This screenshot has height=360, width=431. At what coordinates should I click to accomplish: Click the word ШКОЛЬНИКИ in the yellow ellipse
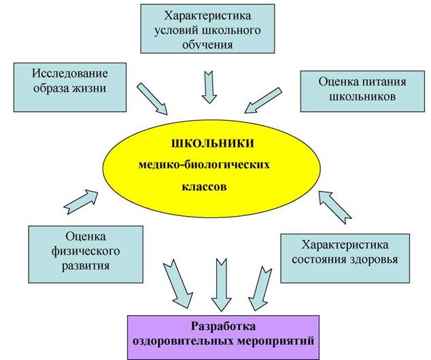(x=213, y=143)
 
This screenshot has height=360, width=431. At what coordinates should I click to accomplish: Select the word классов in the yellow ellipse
(x=205, y=187)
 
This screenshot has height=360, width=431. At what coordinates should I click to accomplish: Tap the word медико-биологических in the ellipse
(x=204, y=165)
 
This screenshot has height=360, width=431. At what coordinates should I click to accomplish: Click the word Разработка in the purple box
(x=224, y=326)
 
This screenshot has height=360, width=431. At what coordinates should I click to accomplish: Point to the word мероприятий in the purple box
(x=275, y=342)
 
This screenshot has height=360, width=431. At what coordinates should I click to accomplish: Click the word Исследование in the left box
(x=70, y=73)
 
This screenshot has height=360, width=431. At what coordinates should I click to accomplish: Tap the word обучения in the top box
(x=207, y=44)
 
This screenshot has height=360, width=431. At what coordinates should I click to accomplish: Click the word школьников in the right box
(x=362, y=96)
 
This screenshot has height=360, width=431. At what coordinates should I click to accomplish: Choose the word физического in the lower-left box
(x=86, y=251)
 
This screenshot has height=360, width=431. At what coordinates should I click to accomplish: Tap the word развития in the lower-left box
(x=86, y=266)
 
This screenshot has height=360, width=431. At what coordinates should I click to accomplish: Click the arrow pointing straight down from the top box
(x=209, y=87)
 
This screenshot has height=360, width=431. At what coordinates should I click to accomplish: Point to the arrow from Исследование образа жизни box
(x=152, y=98)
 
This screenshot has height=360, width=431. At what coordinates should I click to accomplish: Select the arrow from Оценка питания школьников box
(x=263, y=101)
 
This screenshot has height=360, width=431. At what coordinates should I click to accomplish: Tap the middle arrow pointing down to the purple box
(x=222, y=285)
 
